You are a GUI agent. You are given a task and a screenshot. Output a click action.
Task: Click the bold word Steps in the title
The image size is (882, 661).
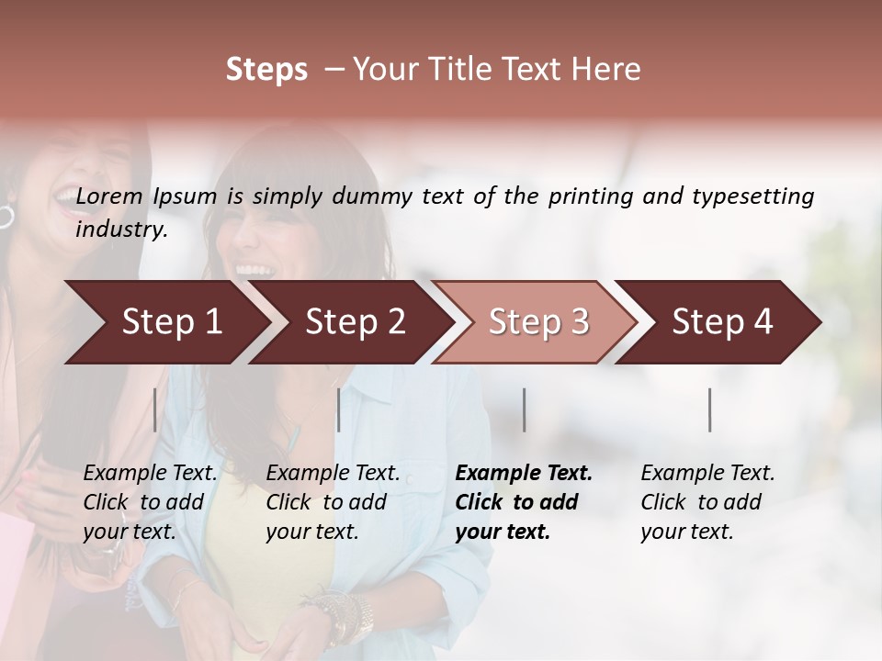tap(266, 70)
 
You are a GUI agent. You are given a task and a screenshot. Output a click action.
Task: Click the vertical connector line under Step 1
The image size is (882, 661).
tap(155, 409)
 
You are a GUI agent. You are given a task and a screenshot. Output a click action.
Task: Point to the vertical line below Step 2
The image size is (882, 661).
tap(339, 409)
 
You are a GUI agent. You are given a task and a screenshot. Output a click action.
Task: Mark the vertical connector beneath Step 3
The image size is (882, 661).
tap(524, 409)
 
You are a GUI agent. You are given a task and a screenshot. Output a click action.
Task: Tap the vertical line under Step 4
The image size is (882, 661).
tap(710, 409)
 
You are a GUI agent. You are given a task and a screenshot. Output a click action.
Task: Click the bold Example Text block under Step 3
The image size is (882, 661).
tap(523, 502)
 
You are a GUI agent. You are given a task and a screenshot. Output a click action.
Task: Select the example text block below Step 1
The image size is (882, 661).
tap(150, 502)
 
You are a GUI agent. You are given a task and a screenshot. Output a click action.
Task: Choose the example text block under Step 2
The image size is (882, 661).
tap(333, 502)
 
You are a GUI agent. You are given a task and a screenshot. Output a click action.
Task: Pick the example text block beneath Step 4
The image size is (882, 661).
tap(707, 502)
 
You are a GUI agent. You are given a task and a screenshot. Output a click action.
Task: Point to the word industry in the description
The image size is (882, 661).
tap(120, 230)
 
